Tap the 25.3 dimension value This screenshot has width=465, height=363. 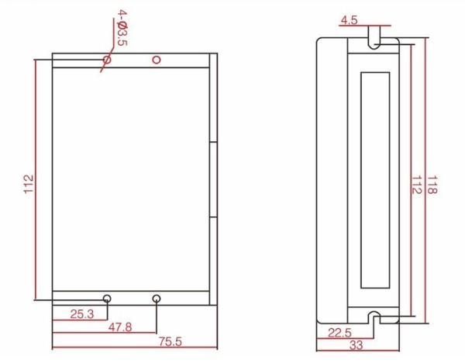point(82,314)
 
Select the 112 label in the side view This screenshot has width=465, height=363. point(416,184)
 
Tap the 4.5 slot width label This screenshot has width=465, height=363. point(349,21)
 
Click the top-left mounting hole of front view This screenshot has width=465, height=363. point(107,59)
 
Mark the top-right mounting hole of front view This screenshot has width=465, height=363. point(157,59)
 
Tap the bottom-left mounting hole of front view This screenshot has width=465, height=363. point(107,299)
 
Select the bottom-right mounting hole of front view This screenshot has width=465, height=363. point(157,299)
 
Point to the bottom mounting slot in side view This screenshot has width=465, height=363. point(374,316)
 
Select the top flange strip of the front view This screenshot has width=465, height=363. point(132,60)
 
